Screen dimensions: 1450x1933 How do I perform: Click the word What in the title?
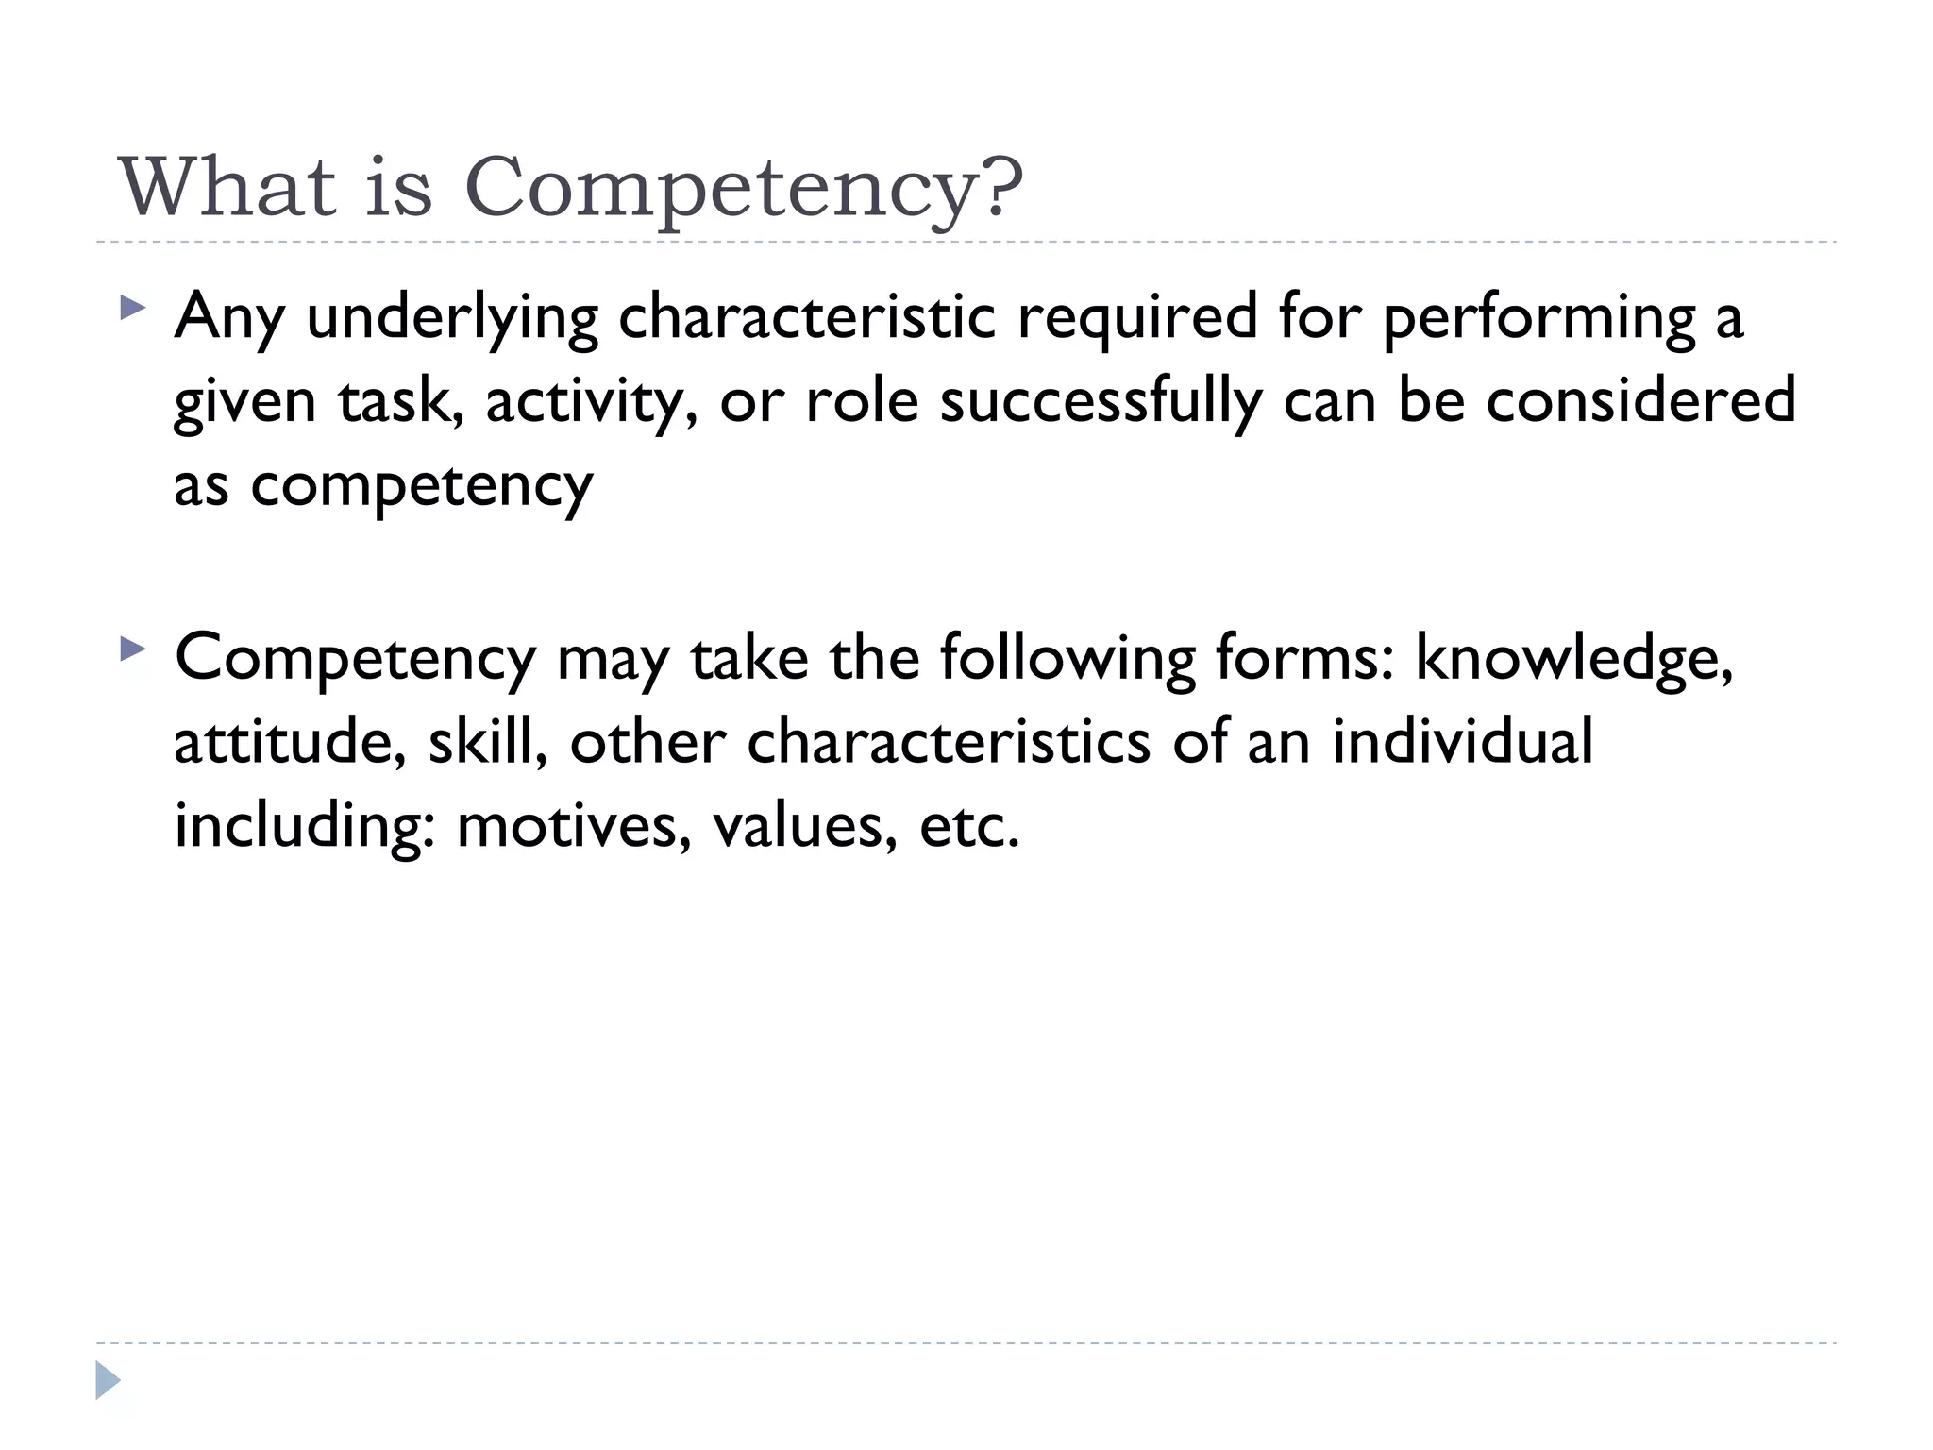click(227, 186)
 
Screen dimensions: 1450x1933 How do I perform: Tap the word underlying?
click(452, 319)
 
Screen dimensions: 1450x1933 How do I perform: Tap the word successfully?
click(1100, 401)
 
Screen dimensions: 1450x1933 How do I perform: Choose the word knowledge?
click(1573, 659)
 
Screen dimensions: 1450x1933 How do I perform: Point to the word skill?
click(487, 742)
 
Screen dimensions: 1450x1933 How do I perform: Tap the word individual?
click(1462, 740)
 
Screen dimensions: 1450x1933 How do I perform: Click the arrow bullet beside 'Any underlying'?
click(133, 308)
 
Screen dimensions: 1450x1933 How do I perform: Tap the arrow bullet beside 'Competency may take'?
click(133, 649)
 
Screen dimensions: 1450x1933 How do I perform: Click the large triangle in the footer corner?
click(108, 1380)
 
